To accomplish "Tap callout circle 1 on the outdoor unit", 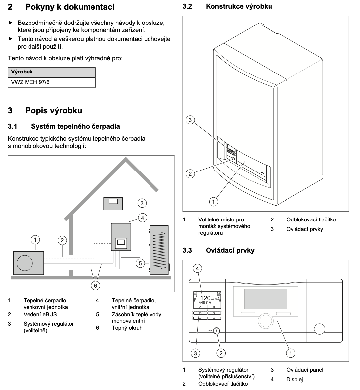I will click(36, 239).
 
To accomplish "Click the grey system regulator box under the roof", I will click(113, 203).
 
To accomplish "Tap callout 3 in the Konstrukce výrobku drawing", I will click(190, 120).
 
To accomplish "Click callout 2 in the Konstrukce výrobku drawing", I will click(190, 173).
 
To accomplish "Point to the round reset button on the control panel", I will click(217, 330).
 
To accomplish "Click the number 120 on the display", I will click(206, 298).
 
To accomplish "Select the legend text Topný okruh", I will click(127, 328).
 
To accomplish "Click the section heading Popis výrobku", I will click(53, 110).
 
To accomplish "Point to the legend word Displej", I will click(294, 380).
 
